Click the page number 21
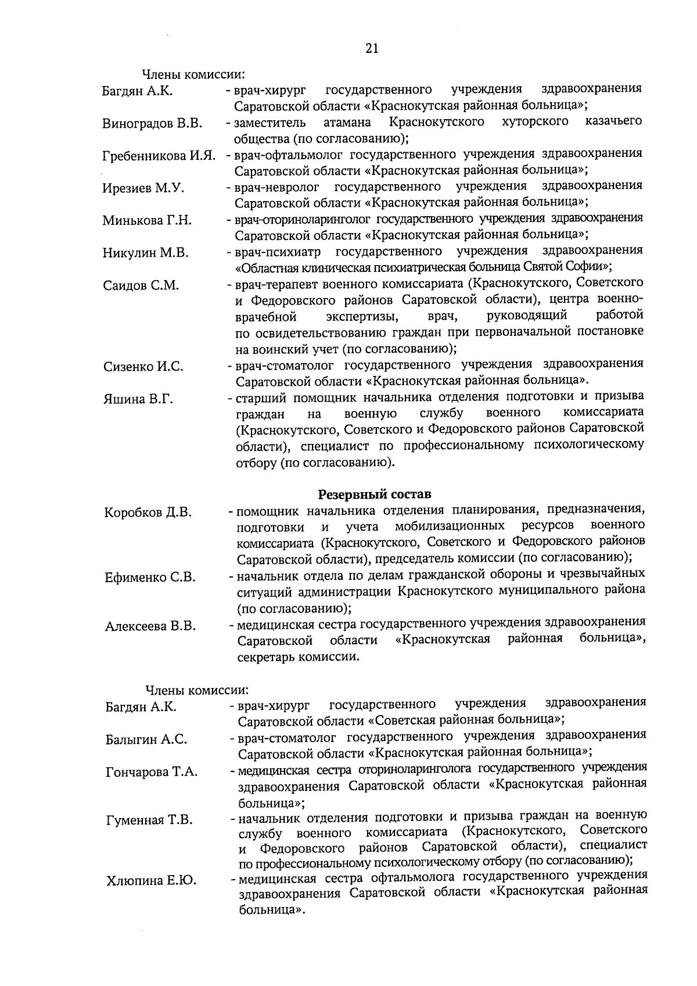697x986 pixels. coord(372,49)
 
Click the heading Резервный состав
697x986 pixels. coord(375,494)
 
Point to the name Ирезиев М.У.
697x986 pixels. coord(143,188)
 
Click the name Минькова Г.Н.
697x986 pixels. coord(148,221)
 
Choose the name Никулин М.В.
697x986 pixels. coord(146,253)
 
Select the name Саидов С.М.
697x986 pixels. coord(141,285)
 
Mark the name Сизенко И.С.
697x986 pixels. coord(143,367)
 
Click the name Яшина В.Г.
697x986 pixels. coord(138,399)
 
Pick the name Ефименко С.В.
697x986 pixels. coord(150,578)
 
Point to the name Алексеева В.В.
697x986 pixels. coord(150,626)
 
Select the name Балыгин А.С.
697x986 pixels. coord(146,740)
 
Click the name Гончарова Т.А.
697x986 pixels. coord(152,772)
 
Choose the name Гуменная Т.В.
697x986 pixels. coord(149,820)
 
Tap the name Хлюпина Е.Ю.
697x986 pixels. coord(150,881)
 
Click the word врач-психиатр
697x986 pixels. coord(278,252)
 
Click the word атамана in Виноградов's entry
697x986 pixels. coord(347,122)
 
